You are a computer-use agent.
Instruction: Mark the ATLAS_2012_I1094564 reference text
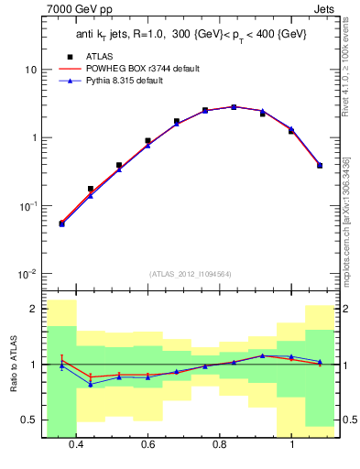tap(189, 273)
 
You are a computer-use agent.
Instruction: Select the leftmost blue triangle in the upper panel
tap(61, 224)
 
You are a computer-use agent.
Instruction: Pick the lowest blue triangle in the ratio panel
tap(91, 384)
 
